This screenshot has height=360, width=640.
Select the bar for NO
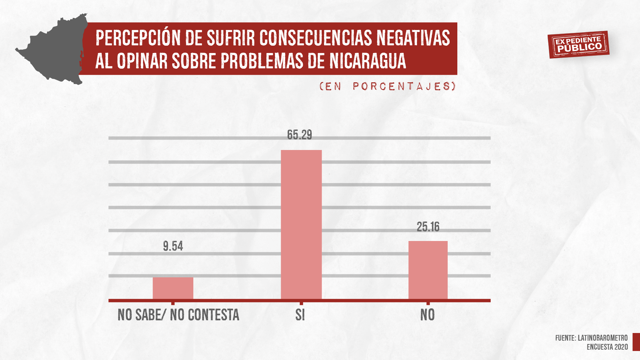pos(428,270)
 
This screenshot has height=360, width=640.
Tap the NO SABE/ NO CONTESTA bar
pos(173,288)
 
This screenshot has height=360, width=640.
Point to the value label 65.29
pos(299,135)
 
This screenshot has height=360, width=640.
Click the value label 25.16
pos(428,227)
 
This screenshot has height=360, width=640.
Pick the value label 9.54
pos(173,246)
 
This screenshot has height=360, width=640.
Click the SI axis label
pos(300,315)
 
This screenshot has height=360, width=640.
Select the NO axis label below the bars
pos(427,315)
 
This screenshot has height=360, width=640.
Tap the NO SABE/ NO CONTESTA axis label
pos(178,315)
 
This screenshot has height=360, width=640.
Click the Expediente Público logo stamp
pos(578,45)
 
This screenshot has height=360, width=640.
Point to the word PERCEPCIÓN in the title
pos(138,38)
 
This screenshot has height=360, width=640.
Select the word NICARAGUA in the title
pos(368,61)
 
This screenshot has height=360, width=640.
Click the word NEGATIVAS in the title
pos(413,38)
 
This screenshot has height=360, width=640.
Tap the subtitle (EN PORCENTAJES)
pos(387,86)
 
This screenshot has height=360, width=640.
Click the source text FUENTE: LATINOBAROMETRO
pos(591,338)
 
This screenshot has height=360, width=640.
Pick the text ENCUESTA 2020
pos(607,347)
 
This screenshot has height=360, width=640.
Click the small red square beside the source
pos(636,342)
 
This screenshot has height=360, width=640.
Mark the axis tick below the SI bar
pos(301,303)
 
